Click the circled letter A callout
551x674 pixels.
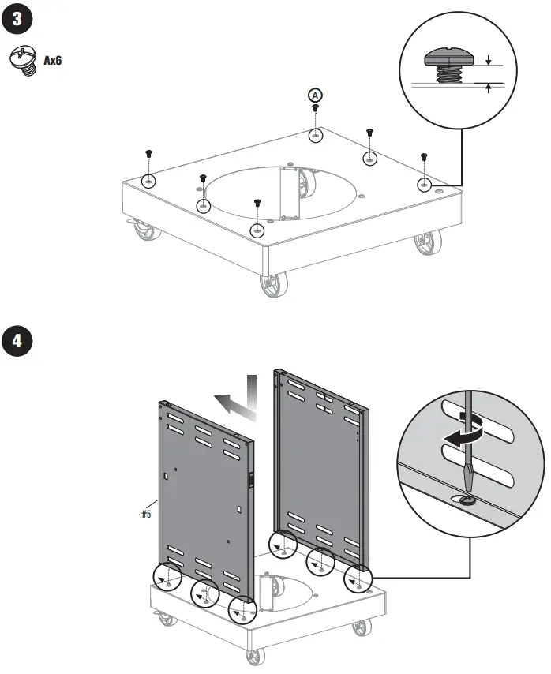(315, 95)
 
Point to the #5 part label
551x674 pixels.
(146, 514)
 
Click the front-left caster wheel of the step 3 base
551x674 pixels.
(144, 230)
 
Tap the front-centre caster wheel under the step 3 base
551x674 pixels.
(273, 284)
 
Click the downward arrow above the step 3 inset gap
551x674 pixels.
(489, 59)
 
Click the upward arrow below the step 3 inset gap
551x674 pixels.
(489, 89)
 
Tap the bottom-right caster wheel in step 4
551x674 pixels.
(362, 627)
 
